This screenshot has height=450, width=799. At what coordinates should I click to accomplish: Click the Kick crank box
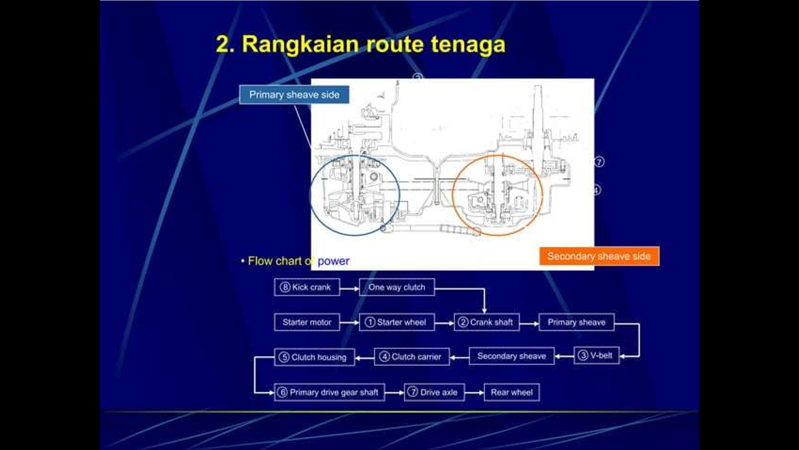(x=307, y=287)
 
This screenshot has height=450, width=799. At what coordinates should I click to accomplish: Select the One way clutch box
(x=397, y=287)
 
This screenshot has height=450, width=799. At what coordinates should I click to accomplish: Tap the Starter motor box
(x=307, y=322)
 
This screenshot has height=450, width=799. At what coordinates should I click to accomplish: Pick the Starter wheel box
(x=397, y=322)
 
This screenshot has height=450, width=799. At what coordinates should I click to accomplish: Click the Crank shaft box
(x=487, y=322)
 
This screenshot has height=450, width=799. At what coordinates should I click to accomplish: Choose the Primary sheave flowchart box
(x=576, y=322)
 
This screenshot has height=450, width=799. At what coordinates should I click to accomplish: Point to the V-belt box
(x=597, y=355)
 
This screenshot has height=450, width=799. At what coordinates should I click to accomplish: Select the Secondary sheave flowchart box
(x=512, y=356)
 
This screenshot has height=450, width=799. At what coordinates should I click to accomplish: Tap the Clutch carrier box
(x=412, y=357)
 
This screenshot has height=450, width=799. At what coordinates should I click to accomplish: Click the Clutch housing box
(x=315, y=357)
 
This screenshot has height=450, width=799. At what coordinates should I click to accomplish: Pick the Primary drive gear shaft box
(x=330, y=392)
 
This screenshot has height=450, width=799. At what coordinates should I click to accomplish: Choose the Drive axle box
(x=434, y=392)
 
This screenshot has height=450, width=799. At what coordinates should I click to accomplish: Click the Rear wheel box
(x=512, y=392)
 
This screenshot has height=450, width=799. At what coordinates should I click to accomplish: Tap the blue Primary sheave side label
(x=294, y=95)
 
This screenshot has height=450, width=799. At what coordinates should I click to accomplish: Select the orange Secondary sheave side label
(x=599, y=256)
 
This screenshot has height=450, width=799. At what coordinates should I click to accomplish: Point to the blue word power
(x=333, y=261)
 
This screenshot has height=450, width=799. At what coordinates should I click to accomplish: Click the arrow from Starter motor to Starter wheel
(x=350, y=322)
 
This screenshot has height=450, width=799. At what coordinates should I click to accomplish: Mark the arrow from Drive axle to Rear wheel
(x=474, y=392)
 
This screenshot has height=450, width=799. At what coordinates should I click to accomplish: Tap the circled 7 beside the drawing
(x=599, y=162)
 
